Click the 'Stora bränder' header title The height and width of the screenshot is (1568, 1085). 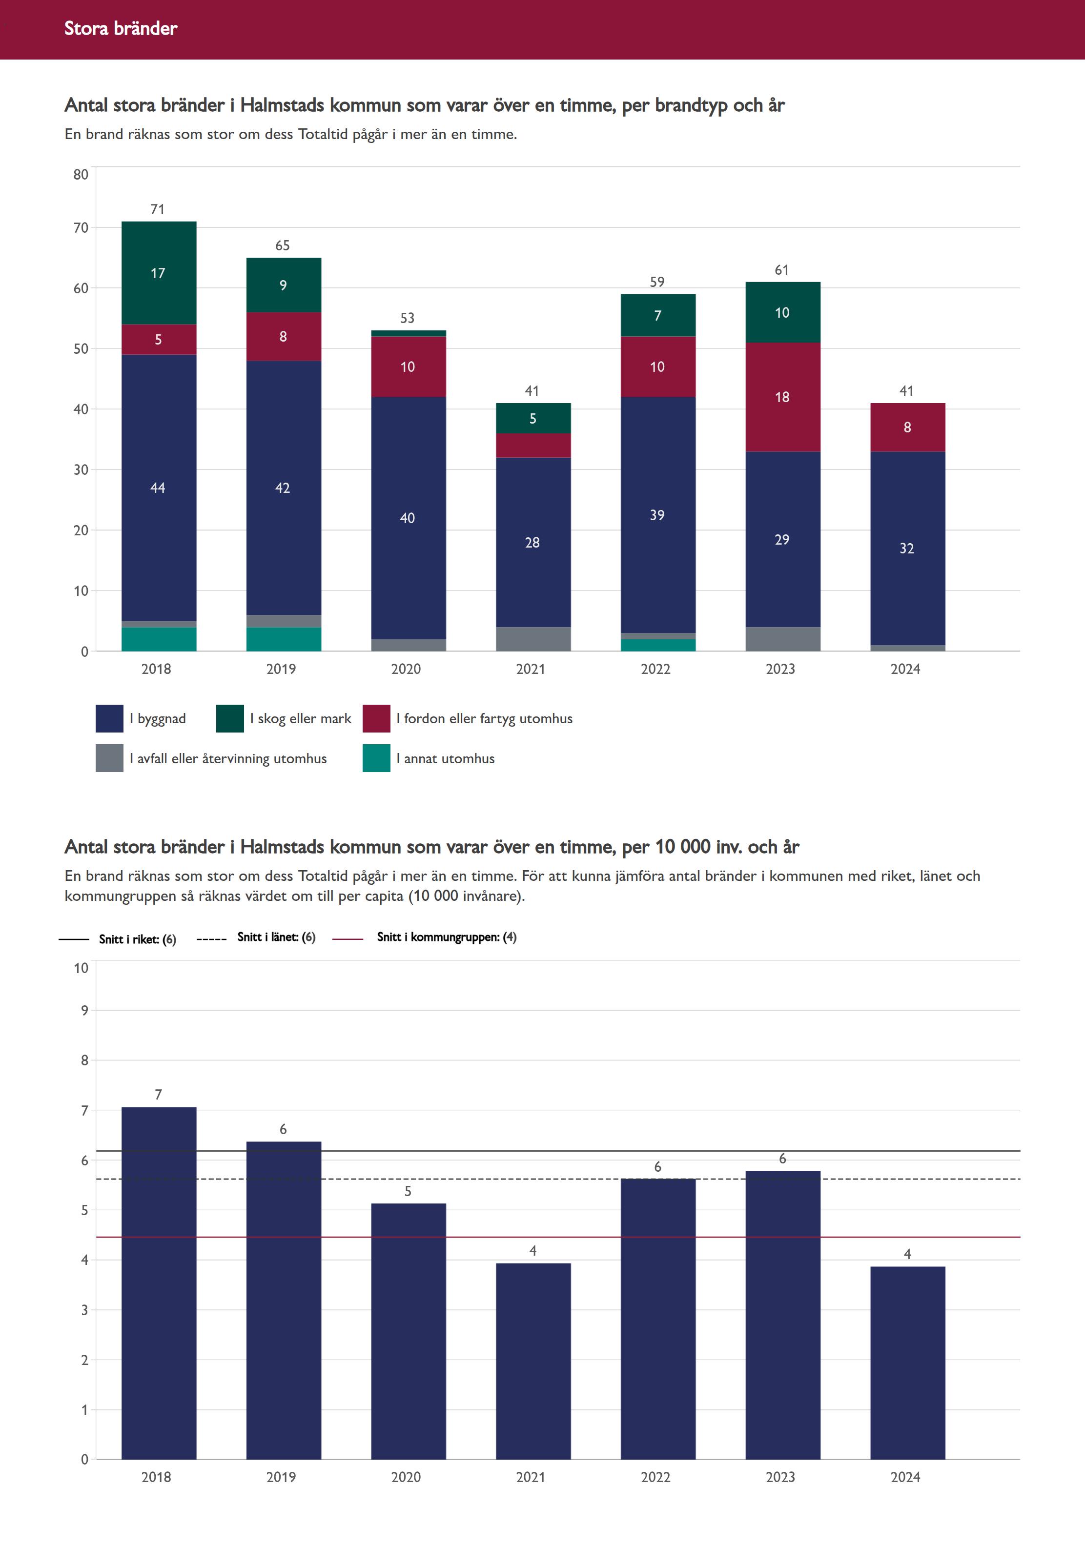pos(121,28)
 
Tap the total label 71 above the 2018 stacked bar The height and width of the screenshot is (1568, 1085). pos(158,209)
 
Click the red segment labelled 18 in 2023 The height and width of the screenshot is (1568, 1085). pos(782,397)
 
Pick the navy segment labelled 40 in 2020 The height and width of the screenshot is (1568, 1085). pos(408,518)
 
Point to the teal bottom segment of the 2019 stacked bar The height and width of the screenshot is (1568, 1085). pos(284,639)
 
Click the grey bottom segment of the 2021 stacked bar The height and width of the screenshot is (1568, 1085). pos(533,639)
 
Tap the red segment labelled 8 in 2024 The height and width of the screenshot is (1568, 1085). pos(907,428)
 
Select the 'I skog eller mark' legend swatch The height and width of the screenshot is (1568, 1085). pos(230,718)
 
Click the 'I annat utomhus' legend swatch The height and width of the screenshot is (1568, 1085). pos(376,758)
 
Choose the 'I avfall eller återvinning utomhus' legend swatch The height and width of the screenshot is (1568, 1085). pos(109,758)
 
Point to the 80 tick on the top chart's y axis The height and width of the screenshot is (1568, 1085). pos(81,175)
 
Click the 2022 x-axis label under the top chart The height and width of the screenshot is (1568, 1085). pos(655,669)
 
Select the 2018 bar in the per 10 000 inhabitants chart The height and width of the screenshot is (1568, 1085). pos(159,1284)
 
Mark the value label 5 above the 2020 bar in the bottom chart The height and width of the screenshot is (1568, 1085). pos(408,1191)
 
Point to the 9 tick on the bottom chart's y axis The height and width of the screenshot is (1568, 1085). pos(84,1011)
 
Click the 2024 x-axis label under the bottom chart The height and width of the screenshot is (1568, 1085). pos(905,1477)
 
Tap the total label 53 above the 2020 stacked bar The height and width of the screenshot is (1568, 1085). pos(407,318)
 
